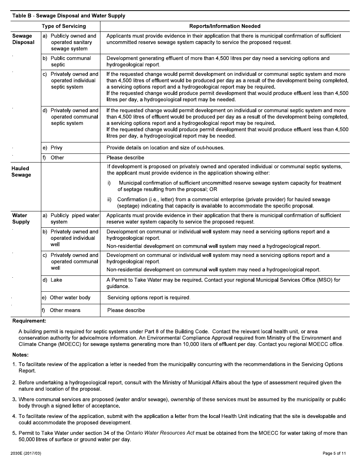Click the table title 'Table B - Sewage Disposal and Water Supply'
click(69, 16)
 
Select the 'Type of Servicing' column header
click(64, 26)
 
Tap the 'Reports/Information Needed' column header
click(225, 26)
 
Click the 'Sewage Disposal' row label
click(23, 39)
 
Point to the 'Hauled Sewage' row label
click(21, 172)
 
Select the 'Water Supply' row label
click(21, 219)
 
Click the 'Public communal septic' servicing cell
click(70, 61)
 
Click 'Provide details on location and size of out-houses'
click(165, 148)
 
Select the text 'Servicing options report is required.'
click(149, 298)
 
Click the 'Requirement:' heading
click(29, 321)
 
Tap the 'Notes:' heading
click(20, 355)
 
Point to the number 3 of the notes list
click(14, 399)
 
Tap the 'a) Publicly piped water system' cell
click(70, 219)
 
